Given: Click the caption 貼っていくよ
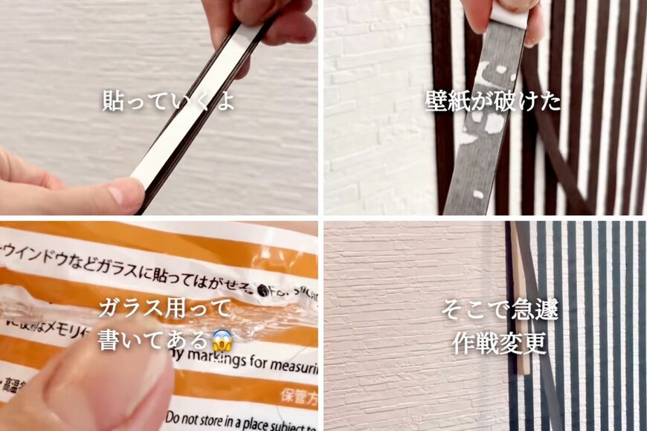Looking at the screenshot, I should pos(169,101).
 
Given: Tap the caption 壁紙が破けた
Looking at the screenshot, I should pos(493,101).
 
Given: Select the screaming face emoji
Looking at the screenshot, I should pos(222,340).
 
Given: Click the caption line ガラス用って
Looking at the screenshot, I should pos(164,308).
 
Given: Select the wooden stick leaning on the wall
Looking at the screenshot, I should pos(521,312).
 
